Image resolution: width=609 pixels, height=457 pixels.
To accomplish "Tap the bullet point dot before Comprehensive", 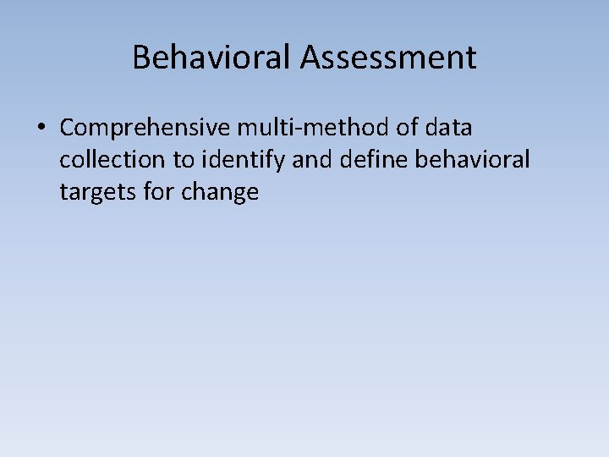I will (x=41, y=129).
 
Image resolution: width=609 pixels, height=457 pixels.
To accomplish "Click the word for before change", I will (x=155, y=193).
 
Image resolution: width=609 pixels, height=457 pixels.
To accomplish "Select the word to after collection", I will (x=184, y=161).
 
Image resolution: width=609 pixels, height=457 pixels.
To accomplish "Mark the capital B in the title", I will (x=140, y=58).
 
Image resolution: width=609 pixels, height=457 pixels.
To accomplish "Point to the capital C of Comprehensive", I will (x=67, y=129).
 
